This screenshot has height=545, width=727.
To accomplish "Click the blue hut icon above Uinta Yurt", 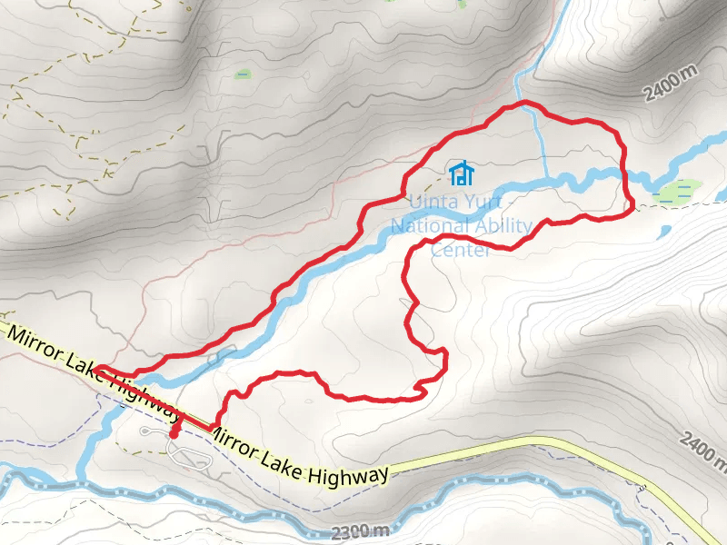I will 462,172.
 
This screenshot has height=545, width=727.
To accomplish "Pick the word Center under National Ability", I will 461,249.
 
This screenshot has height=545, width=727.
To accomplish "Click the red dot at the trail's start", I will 174,433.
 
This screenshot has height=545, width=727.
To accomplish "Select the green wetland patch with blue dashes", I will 678,192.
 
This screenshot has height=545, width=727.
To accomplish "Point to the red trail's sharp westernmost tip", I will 97,370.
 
